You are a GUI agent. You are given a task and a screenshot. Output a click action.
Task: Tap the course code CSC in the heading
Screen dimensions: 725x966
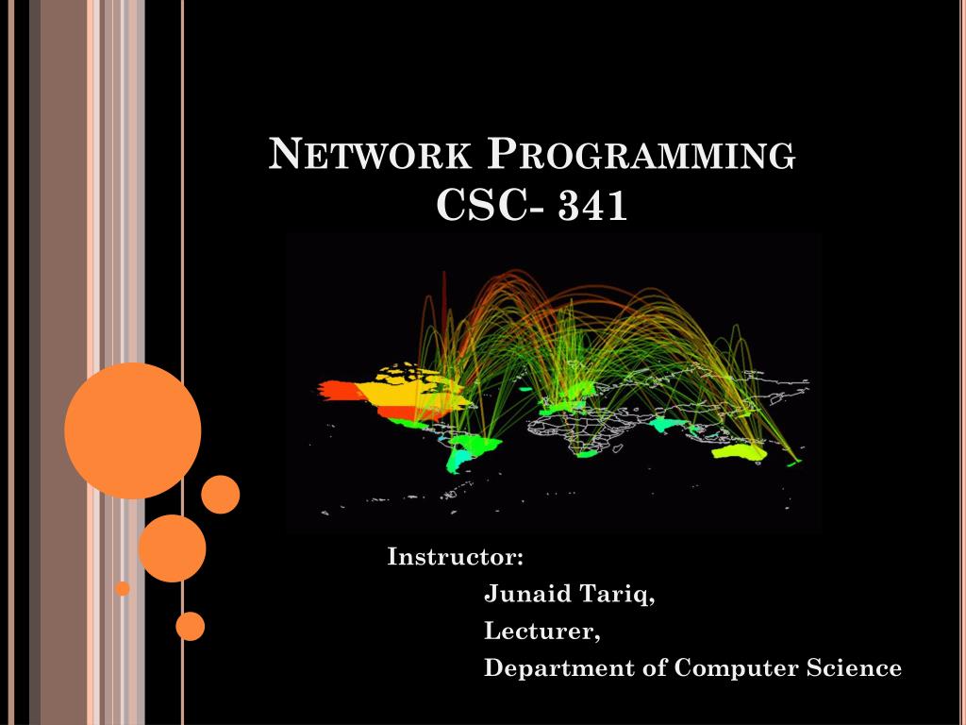tap(481, 206)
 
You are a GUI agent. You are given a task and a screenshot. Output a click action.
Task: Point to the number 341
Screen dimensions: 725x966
tap(592, 206)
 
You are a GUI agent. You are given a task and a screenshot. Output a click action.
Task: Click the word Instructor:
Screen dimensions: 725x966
tap(456, 557)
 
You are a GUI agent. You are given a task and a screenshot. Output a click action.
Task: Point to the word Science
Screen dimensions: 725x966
tap(854, 668)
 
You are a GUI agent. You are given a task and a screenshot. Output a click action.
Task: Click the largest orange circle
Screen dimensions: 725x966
tap(132, 430)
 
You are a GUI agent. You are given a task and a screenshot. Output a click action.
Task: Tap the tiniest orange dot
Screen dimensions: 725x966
tap(123, 588)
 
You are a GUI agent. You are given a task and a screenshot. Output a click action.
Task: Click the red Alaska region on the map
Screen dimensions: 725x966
tap(337, 390)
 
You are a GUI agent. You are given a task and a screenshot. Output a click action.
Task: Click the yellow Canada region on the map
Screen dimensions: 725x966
tap(406, 387)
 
